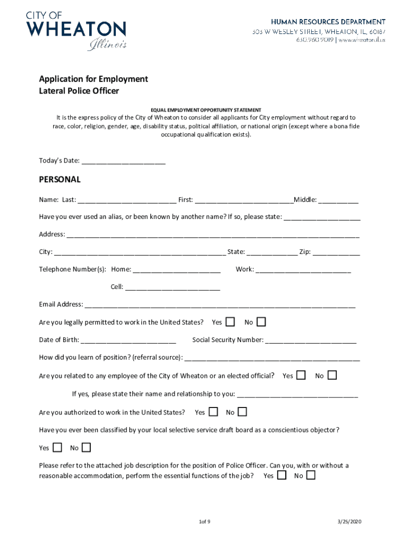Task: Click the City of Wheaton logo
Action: (x=76, y=30)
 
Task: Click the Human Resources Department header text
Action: (x=328, y=22)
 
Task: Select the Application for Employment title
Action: (x=93, y=79)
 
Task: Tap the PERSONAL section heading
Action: (x=59, y=180)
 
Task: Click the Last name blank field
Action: (x=127, y=200)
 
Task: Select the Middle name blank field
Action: (x=338, y=200)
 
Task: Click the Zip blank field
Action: (x=336, y=252)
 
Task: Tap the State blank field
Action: (x=272, y=252)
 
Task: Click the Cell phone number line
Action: (x=172, y=287)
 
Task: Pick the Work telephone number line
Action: (x=303, y=269)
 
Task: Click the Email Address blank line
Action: (x=220, y=304)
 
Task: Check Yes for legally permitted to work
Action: (x=230, y=322)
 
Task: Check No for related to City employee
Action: (x=332, y=375)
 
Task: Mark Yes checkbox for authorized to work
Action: (x=213, y=412)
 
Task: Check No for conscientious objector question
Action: (x=86, y=447)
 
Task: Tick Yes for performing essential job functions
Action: (x=282, y=475)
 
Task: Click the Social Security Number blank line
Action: (x=311, y=340)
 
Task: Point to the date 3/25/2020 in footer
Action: (x=349, y=522)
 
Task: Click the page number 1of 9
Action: (x=201, y=522)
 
